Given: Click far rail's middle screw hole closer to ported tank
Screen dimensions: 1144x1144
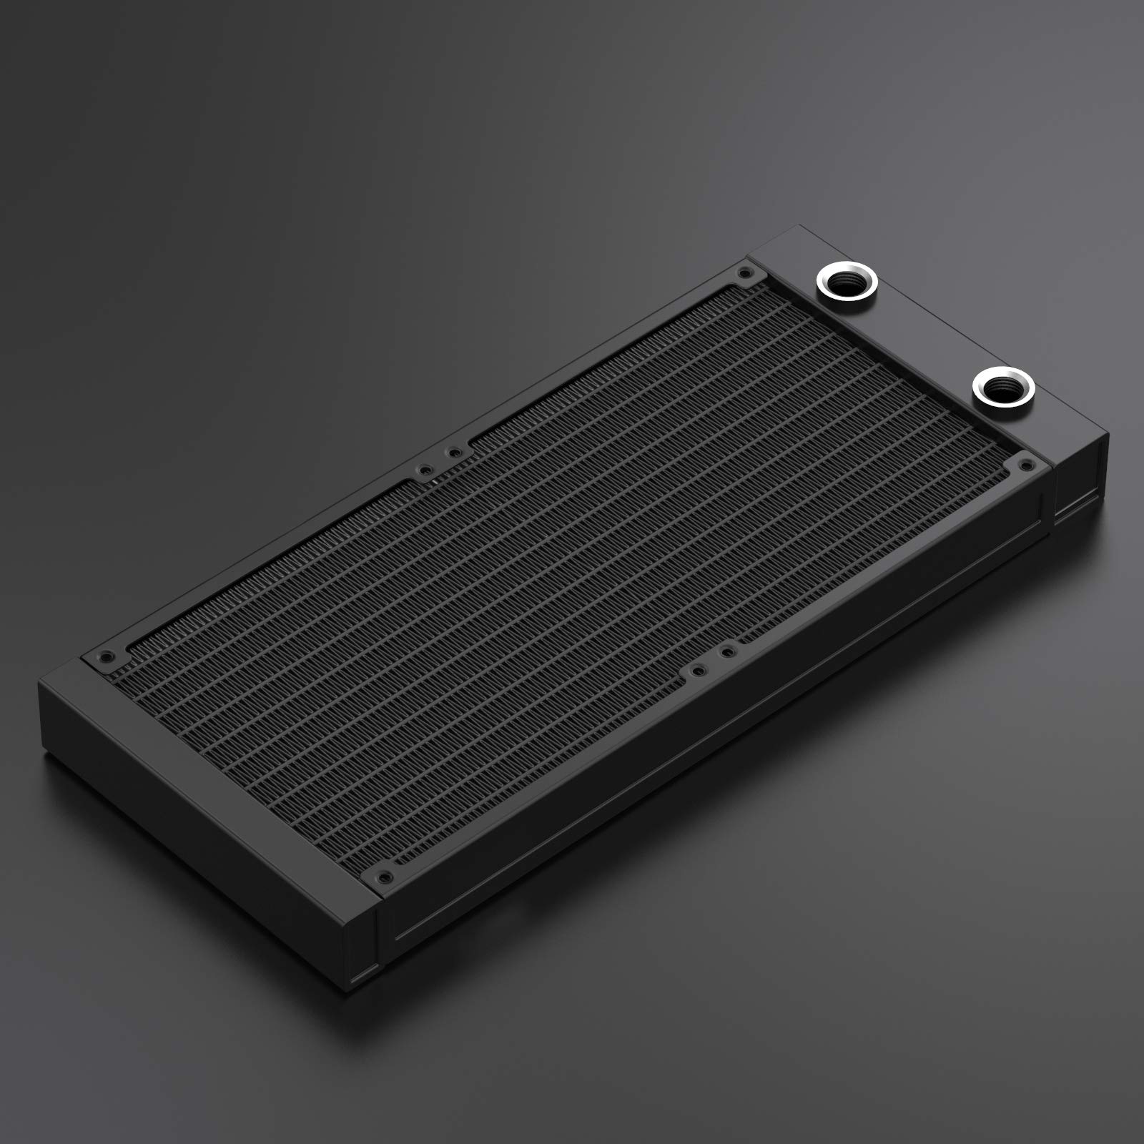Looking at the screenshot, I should tap(453, 452).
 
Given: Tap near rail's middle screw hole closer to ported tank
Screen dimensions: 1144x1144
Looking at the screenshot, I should tap(727, 651).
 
